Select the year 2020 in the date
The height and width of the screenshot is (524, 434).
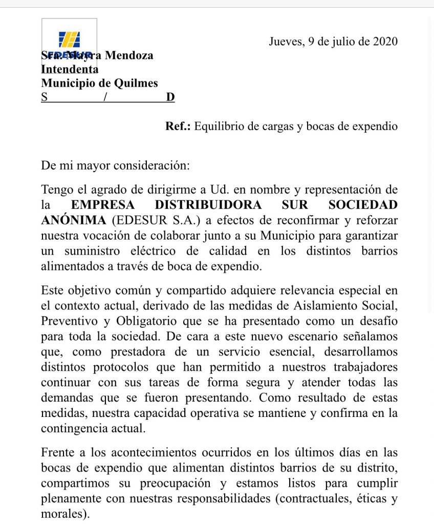385,41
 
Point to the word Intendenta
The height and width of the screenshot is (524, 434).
70,69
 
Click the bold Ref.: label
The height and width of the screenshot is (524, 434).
178,126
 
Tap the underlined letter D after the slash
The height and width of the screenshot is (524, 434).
170,97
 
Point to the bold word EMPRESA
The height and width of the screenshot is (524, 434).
103,205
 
